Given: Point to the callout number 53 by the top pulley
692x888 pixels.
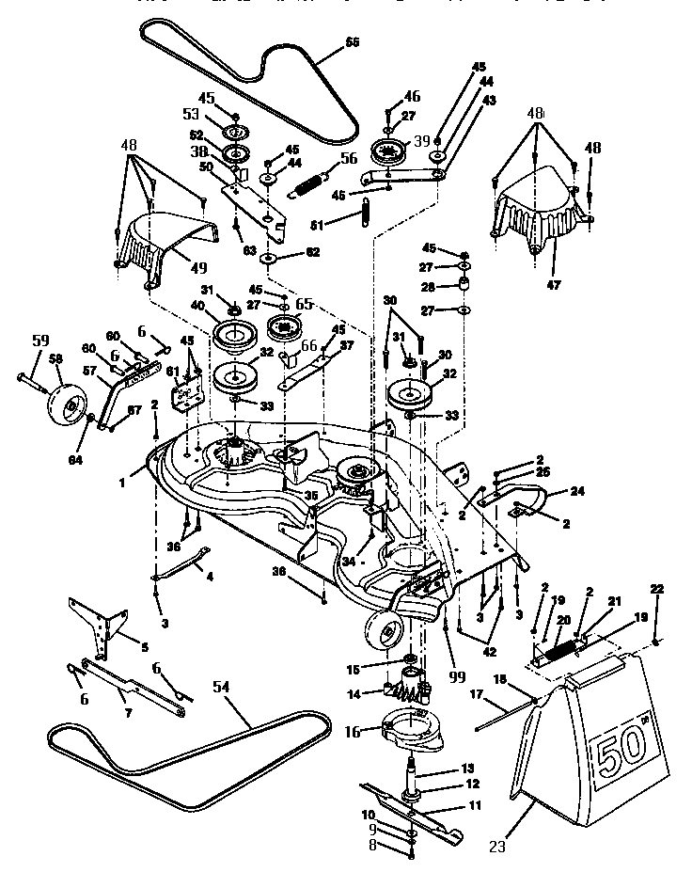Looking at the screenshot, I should click(191, 114).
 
